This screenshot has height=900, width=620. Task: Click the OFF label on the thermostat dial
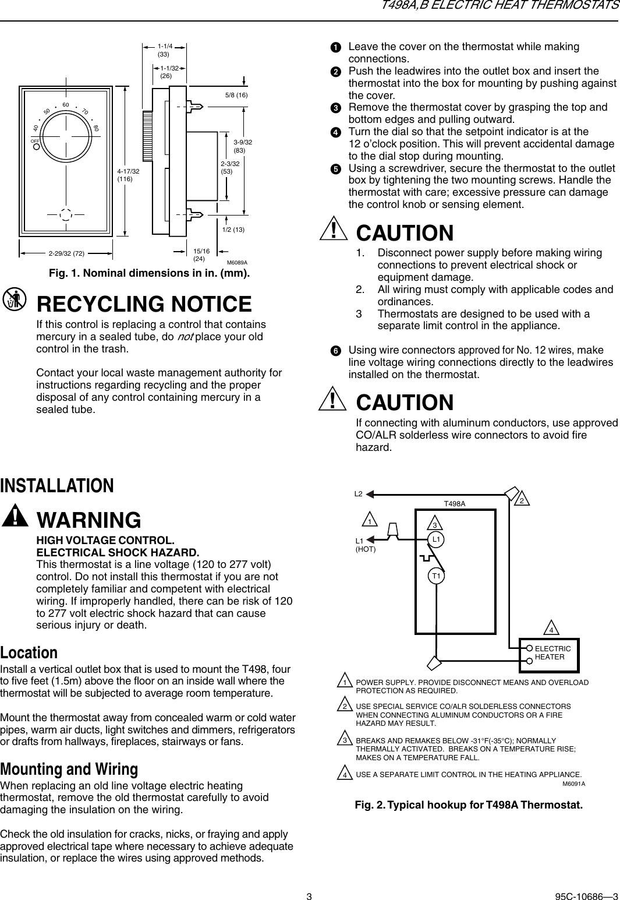point(36,141)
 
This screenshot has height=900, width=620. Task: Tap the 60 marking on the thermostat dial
point(66,105)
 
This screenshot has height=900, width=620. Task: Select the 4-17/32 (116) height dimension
point(128,175)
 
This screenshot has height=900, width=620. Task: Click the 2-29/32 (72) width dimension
point(66,253)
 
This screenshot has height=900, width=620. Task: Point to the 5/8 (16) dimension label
point(236,94)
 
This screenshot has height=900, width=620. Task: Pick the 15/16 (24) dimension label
point(201,254)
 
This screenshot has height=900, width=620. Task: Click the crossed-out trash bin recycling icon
point(15,299)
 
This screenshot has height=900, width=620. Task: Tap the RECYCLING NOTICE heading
point(144,304)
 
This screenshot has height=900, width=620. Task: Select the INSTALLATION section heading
point(57,485)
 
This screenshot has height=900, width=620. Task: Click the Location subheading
point(29,652)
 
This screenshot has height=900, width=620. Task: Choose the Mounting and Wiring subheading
point(69,769)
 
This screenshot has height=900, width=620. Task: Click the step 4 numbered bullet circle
point(336,132)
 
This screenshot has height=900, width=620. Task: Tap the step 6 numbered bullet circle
point(336,351)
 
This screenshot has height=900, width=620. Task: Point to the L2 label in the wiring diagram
point(359,494)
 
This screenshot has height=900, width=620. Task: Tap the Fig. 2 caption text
point(469,806)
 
